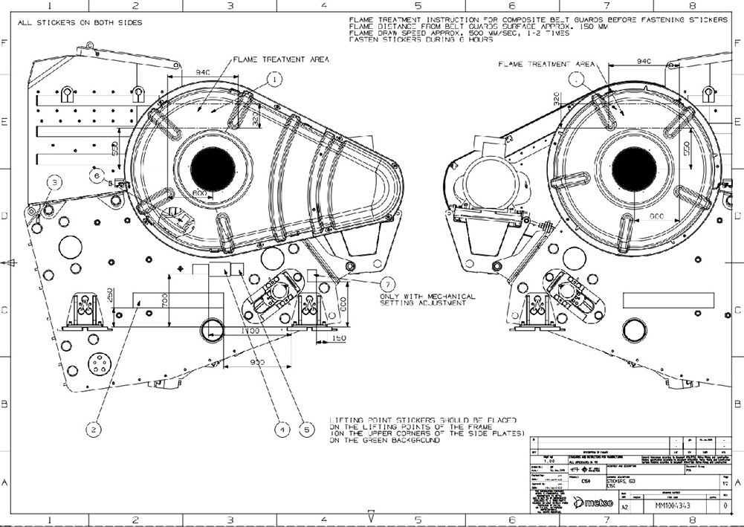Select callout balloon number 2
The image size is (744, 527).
93,429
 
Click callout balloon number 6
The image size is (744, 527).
96,175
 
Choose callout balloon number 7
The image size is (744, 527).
387,282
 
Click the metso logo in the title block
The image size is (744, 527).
594,505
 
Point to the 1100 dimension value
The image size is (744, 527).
250,329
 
